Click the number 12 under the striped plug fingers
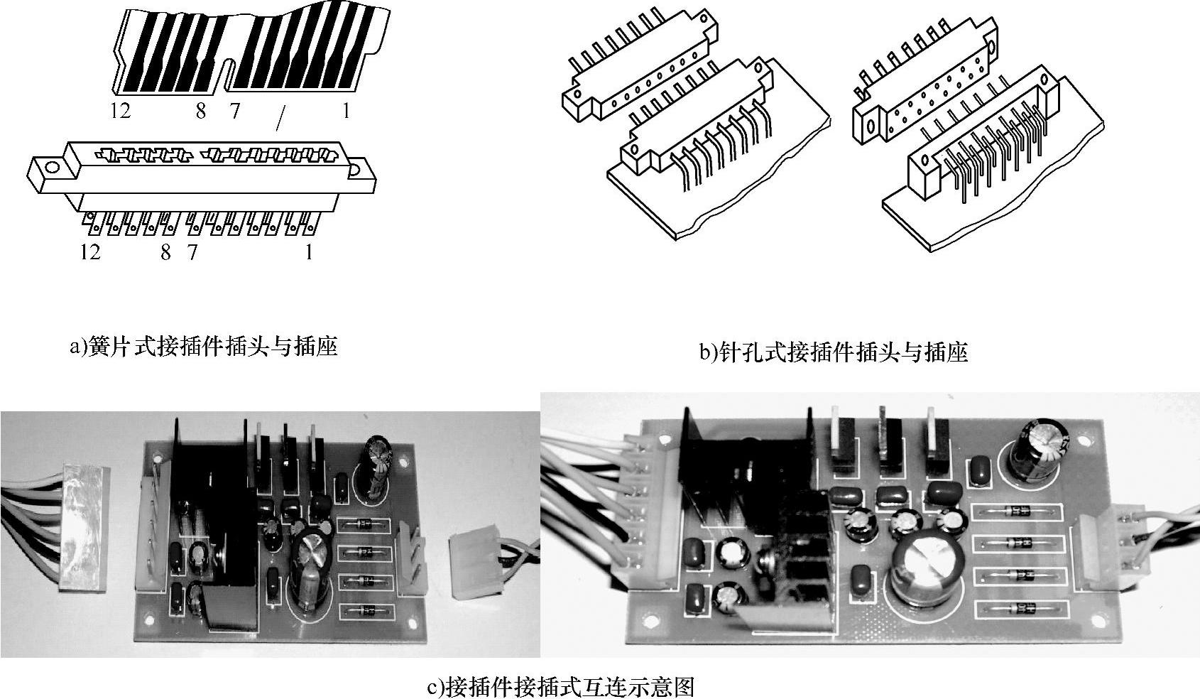tap(121, 111)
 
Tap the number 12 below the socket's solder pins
tap(90, 251)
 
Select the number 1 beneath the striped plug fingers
tap(346, 111)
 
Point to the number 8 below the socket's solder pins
tap(166, 251)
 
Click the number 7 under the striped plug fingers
tap(234, 111)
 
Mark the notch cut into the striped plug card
tap(229, 73)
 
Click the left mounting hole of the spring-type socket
tap(53, 168)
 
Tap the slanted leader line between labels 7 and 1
tap(280, 119)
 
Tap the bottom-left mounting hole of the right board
tap(650, 620)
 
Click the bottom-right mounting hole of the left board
tap(412, 622)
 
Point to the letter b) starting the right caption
tap(708, 353)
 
